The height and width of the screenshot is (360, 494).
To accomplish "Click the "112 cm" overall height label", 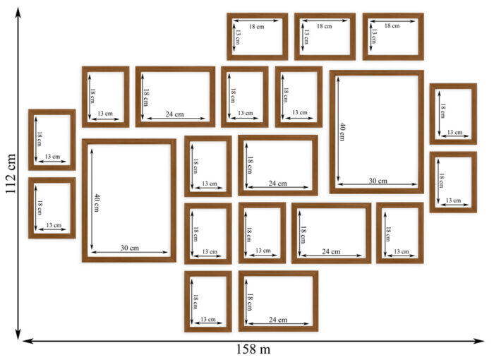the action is [10, 174].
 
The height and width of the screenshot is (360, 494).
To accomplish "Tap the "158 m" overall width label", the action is [253, 349].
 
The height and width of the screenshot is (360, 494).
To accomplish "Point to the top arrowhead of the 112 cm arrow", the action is [18, 11].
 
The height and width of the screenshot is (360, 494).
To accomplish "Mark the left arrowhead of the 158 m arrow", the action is [28, 341].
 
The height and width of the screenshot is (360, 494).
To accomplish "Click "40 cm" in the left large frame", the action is [97, 203].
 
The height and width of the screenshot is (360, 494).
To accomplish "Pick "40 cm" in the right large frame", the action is [342, 132].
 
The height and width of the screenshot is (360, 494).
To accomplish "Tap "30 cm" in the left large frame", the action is [129, 248].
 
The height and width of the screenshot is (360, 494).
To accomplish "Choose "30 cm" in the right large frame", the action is [378, 181].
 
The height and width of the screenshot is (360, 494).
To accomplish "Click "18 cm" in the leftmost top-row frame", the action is [257, 27].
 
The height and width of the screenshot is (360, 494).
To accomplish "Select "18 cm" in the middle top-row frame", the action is [324, 26].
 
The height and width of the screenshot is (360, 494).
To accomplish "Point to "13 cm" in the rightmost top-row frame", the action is [373, 36].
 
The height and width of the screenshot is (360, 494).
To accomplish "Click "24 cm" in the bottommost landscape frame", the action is [278, 320].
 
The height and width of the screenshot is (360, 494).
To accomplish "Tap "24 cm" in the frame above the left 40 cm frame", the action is [174, 114].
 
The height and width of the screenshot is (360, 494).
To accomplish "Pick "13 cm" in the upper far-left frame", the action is [52, 157].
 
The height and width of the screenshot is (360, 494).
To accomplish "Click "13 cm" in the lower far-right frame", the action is [453, 200].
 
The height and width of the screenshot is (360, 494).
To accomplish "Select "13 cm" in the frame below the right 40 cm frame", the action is [402, 251].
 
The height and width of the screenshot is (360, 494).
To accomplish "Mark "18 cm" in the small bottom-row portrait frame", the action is [195, 301].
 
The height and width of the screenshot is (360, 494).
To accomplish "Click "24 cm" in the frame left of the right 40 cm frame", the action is [277, 183].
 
